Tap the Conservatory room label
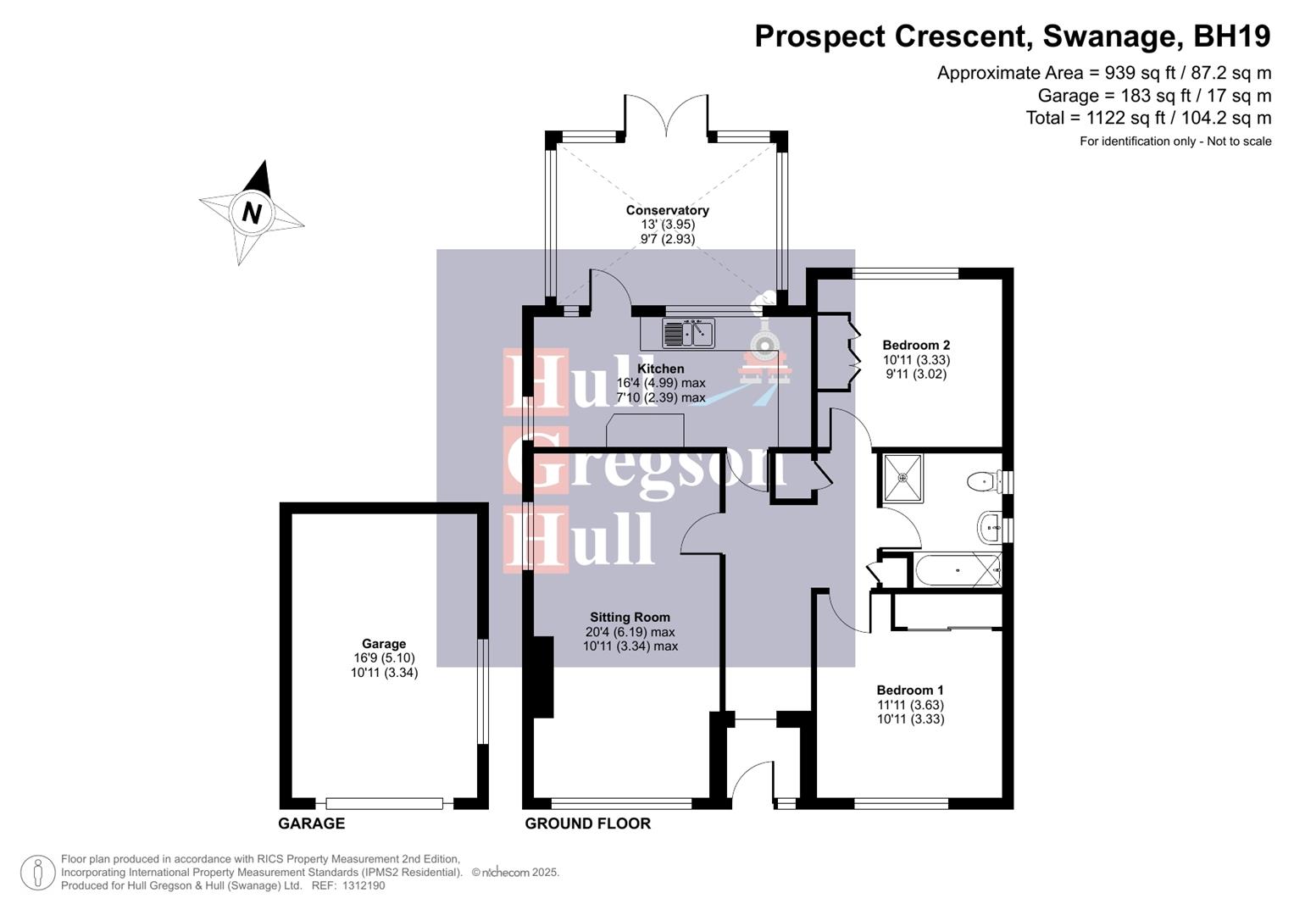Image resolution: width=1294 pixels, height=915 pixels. [x=667, y=210]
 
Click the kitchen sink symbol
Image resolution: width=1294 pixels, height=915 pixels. [x=688, y=333]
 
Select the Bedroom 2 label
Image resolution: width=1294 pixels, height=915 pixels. [x=915, y=345]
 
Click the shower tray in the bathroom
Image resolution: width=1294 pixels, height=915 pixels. [x=902, y=479]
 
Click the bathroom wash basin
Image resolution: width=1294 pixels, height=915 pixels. [x=989, y=528]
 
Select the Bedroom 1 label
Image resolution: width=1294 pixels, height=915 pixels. [x=910, y=690]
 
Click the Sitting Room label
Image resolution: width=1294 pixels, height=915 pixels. [x=630, y=618]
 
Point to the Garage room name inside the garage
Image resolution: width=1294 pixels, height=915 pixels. [x=384, y=644]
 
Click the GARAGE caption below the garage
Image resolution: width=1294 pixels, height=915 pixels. [x=311, y=823]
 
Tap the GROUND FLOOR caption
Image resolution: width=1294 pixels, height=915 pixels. [x=587, y=823]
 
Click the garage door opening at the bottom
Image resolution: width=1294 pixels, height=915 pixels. [x=384, y=802]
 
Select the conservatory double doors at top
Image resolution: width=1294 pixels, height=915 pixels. [x=666, y=114]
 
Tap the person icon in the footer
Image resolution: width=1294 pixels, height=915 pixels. [x=38, y=873]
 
